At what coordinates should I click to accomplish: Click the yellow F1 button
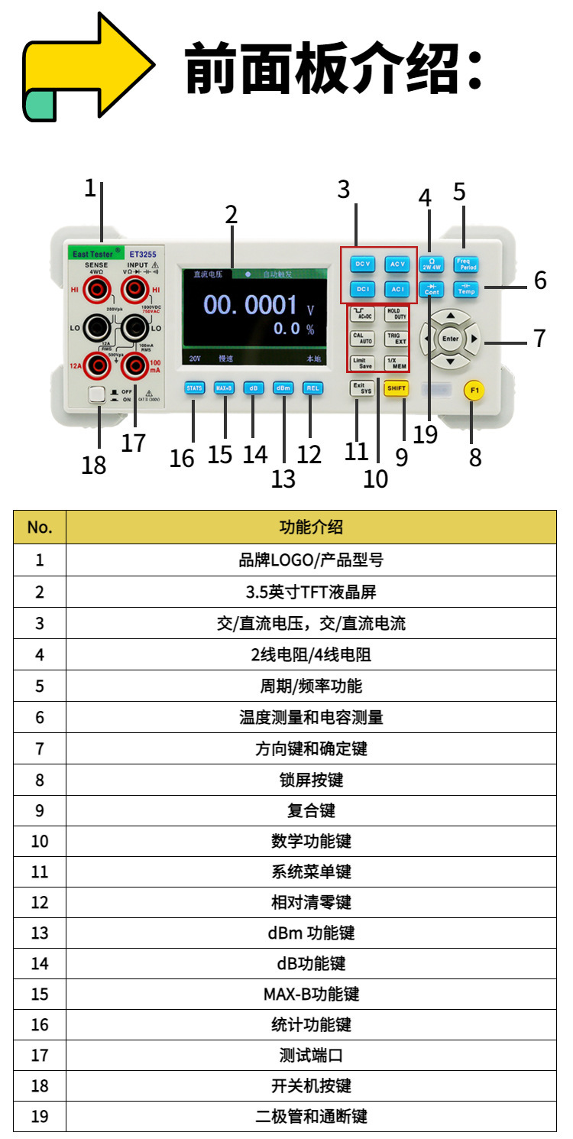click(474, 391)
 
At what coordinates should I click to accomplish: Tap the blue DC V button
click(362, 264)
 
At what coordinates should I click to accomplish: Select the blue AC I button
click(397, 289)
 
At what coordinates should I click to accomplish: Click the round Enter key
click(451, 339)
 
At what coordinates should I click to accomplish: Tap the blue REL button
click(312, 388)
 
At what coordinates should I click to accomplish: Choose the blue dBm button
click(283, 388)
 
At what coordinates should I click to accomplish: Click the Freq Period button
click(465, 264)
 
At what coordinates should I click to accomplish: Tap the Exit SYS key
click(361, 388)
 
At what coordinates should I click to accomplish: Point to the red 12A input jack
click(96, 365)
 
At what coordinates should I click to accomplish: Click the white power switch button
click(96, 394)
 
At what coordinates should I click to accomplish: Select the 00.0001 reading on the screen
click(251, 306)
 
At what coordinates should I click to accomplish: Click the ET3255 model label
click(143, 253)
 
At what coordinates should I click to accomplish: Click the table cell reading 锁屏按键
click(311, 780)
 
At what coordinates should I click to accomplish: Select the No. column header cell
click(40, 527)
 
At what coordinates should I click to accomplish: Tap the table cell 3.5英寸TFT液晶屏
click(311, 592)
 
